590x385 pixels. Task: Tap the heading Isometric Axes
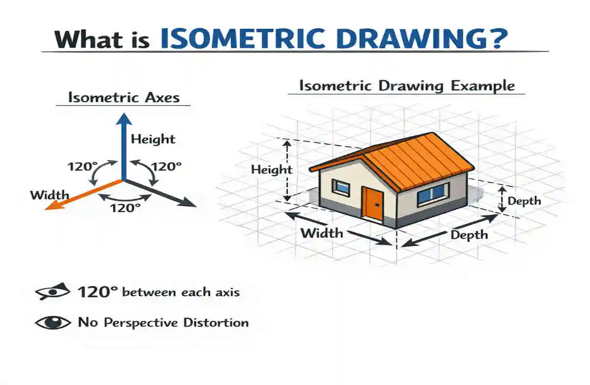(x=124, y=97)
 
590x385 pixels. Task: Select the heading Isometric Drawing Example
(x=406, y=85)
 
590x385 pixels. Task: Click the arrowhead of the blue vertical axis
(x=123, y=119)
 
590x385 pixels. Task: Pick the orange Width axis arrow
(x=82, y=195)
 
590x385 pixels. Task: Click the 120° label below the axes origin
(x=125, y=208)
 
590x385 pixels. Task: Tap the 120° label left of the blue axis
(x=83, y=167)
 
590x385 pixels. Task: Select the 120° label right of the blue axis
(x=166, y=166)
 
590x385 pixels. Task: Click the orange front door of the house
(x=372, y=203)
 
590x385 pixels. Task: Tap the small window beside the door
(x=341, y=187)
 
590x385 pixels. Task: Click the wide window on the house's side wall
(x=431, y=194)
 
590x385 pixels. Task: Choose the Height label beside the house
(x=271, y=170)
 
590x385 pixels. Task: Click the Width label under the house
(x=322, y=233)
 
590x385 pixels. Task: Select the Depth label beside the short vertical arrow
(x=524, y=201)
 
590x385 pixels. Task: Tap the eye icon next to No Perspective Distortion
(x=53, y=323)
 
